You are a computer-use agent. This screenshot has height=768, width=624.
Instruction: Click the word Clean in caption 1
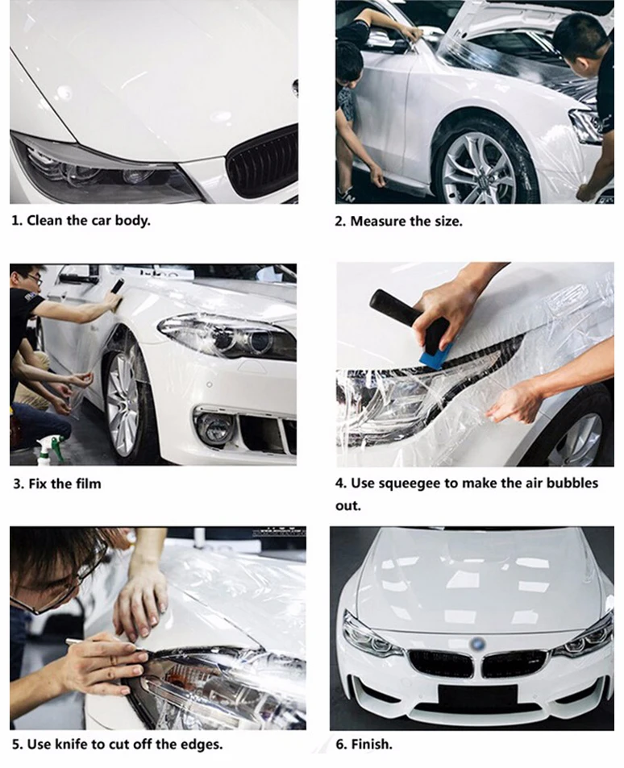tap(44, 221)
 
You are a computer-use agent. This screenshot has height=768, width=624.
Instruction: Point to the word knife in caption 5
tap(72, 745)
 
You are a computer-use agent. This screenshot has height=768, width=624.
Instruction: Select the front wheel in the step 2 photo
tap(480, 169)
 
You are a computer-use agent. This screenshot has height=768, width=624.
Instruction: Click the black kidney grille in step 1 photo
tap(264, 162)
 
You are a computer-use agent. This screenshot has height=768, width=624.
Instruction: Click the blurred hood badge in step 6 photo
tap(476, 644)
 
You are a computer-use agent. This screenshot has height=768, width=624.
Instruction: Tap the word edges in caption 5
tap(202, 745)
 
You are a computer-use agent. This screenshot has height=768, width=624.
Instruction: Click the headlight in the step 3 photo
tap(228, 337)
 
